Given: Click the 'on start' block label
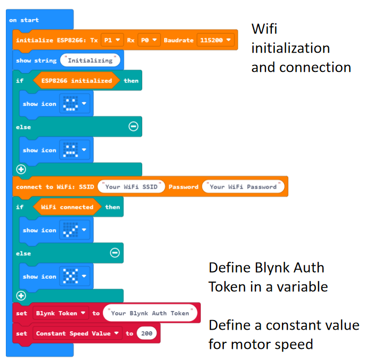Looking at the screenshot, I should (24, 20).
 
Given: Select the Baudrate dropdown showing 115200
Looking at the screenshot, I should (215, 40).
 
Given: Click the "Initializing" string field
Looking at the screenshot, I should (90, 61).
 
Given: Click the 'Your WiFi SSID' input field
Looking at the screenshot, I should (131, 187).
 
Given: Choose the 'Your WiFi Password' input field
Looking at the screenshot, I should (243, 187).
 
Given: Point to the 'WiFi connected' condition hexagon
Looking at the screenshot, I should (67, 207).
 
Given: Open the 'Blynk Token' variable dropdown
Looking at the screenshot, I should (60, 313).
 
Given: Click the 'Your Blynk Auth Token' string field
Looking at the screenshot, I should (151, 313).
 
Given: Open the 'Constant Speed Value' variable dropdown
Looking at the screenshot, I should (77, 333).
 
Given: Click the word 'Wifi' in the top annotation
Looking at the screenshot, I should (264, 29).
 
